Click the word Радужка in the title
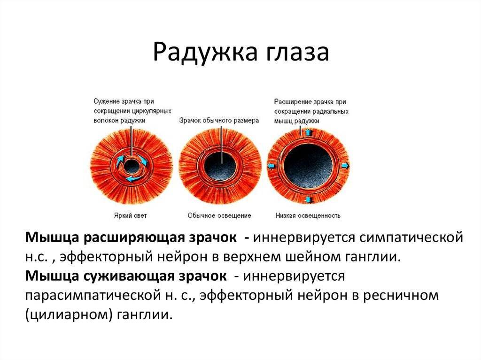[205, 53]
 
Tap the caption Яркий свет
[131, 215]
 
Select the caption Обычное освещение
[219, 215]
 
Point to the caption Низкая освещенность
[308, 215]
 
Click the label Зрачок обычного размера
[219, 121]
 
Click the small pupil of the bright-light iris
[132, 166]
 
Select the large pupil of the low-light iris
[308, 166]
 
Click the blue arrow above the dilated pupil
[309, 133]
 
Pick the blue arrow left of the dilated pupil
[271, 166]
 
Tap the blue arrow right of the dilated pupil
[345, 166]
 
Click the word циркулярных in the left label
[152, 111]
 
